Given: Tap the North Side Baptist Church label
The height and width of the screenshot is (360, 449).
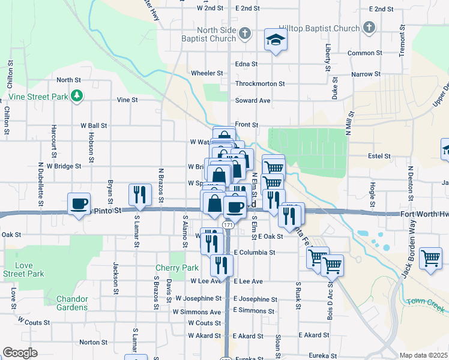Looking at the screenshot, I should [x=214, y=34].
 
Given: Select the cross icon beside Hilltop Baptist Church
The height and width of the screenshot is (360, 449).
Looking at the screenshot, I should [x=369, y=28].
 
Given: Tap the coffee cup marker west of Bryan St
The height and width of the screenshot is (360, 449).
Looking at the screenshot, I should [x=79, y=203].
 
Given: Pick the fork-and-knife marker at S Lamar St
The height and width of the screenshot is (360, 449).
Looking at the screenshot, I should [x=139, y=194].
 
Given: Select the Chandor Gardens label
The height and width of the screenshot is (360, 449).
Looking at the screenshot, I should [x=72, y=303].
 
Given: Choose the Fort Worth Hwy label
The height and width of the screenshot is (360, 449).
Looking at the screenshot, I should [x=423, y=214].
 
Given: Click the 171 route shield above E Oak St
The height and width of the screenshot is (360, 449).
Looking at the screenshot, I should [x=227, y=224].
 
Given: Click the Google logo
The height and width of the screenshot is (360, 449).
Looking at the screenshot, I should [x=20, y=353].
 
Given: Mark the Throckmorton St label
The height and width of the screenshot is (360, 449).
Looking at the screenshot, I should [x=260, y=84].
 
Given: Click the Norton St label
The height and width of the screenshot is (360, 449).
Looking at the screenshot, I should [x=93, y=342].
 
